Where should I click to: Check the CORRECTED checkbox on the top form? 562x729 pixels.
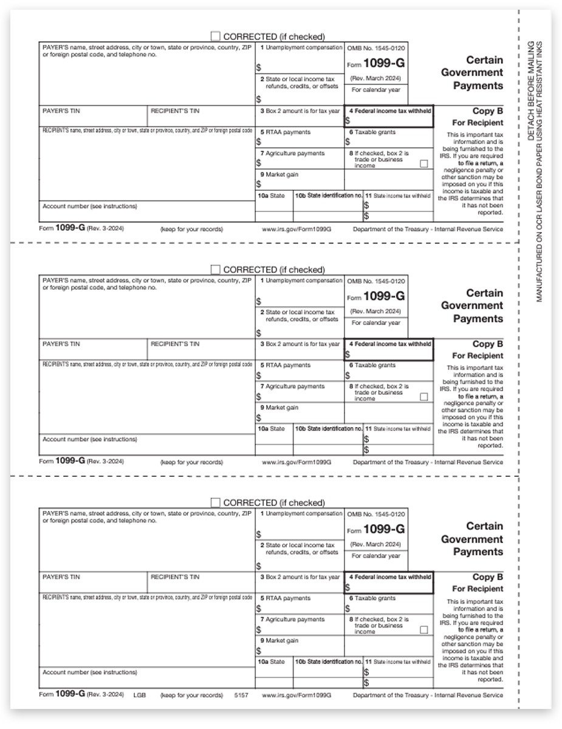pos(215,36)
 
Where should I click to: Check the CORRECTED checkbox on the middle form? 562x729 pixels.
pos(215,269)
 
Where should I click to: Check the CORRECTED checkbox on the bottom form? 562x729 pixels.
pos(215,502)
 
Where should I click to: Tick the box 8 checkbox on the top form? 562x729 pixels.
pos(423,163)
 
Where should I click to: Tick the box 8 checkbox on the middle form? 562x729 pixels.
pos(423,397)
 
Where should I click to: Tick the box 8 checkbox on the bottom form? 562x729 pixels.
pos(423,630)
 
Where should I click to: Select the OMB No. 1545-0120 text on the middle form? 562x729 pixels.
pos(376,281)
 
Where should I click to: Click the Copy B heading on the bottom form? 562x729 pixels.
pos(488,577)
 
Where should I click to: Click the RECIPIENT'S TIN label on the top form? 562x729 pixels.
pos(175,111)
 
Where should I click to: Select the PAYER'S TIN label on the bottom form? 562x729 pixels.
pos(61,577)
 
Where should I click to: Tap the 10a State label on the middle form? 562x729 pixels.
pos(271,429)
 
